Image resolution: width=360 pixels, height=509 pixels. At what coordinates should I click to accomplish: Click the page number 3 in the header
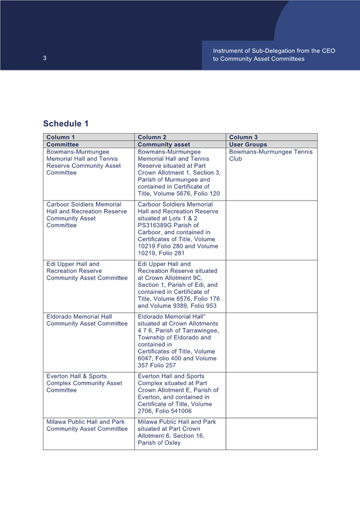45,58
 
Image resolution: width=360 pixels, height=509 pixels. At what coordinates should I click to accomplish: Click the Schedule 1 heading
66,123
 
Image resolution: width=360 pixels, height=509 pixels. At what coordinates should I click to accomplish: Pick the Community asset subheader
163,145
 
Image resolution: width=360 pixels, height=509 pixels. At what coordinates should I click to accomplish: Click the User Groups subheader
248,145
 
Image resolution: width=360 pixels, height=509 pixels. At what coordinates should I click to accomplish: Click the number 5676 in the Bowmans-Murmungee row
185,193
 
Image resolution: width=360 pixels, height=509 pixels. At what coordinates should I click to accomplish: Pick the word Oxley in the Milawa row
172,443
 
